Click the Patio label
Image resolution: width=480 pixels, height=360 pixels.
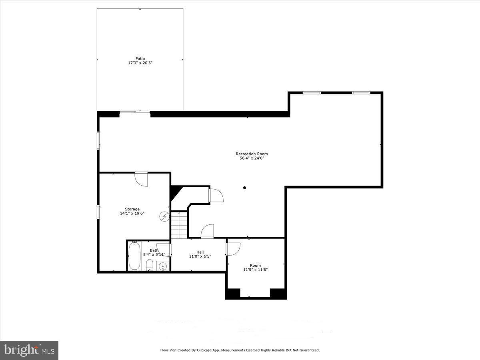coord(140,58)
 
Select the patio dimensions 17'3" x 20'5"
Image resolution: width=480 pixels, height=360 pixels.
coord(140,63)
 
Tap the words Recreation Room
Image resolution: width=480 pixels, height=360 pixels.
coord(252,154)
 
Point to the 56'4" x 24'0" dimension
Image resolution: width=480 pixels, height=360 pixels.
coord(252,158)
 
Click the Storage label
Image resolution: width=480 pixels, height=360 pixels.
coord(132,209)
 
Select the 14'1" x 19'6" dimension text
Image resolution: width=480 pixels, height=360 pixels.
coord(132,214)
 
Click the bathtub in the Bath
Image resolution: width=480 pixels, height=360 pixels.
coord(134,257)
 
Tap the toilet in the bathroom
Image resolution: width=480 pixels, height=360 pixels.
coord(149,264)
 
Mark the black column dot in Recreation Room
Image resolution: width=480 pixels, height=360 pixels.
coord(244,188)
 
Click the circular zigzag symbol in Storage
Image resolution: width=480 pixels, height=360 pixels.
coord(164,216)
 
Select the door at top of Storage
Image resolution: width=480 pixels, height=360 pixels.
coord(141,178)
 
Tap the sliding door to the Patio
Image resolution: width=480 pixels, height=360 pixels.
coord(135,112)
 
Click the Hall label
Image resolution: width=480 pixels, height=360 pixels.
coord(200,252)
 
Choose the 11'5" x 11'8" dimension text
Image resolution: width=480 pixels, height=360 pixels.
coord(255,270)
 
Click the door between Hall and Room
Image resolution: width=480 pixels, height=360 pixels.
coord(232,248)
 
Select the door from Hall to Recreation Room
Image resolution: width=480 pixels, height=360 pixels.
coord(207,231)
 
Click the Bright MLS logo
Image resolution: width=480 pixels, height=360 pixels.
coord(29,350)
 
